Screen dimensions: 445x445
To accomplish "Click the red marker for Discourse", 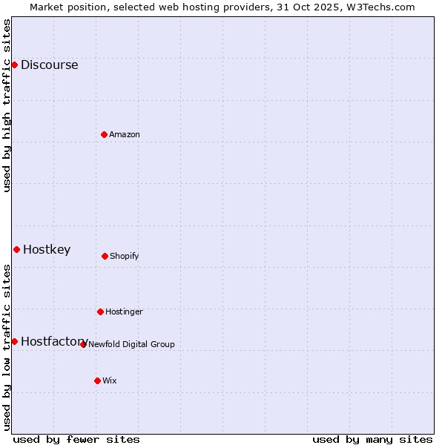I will tap(14, 65).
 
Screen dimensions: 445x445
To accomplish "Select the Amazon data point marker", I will tap(104, 134).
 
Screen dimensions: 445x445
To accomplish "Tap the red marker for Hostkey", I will tap(16, 249).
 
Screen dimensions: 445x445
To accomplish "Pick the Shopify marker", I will tap(105, 256).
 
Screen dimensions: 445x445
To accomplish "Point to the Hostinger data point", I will tap(100, 311).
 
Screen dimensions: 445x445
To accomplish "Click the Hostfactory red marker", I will tap(14, 341).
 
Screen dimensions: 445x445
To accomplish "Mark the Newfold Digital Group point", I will tap(83, 344).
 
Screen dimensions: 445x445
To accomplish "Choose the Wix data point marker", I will tap(97, 380).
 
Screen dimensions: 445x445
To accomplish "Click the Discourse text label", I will tap(49, 65).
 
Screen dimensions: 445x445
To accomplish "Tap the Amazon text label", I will tap(125, 134).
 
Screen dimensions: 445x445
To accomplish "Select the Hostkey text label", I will tap(47, 249).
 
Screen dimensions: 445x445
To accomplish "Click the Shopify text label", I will tap(125, 256).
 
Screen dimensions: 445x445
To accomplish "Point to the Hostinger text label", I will tap(124, 311).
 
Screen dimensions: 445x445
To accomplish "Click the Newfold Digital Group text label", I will tap(131, 344).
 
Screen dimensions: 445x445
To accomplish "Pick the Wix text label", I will tap(110, 380).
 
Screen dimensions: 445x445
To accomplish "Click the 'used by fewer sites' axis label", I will tap(76, 439).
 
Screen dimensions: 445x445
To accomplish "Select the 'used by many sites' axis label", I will tap(372, 439).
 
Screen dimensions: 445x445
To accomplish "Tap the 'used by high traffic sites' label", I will tap(7, 105).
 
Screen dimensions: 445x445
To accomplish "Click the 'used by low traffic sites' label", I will tap(7, 347).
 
